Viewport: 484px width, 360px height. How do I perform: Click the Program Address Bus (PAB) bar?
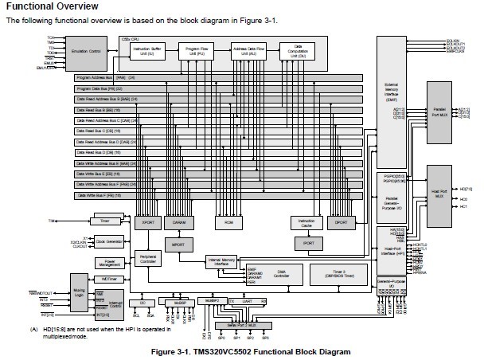click(215, 78)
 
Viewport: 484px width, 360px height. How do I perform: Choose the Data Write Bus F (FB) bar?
click(215, 195)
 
